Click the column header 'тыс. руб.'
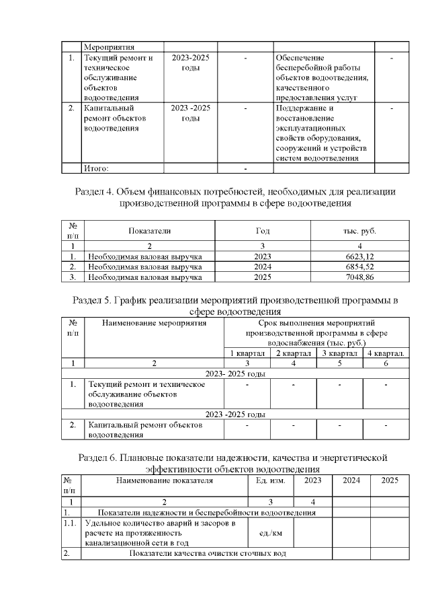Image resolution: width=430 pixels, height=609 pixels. pyautogui.click(x=359, y=231)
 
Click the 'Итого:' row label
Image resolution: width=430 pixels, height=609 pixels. pyautogui.click(x=95, y=168)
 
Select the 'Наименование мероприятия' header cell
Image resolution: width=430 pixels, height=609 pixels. pyautogui.click(x=154, y=323)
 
